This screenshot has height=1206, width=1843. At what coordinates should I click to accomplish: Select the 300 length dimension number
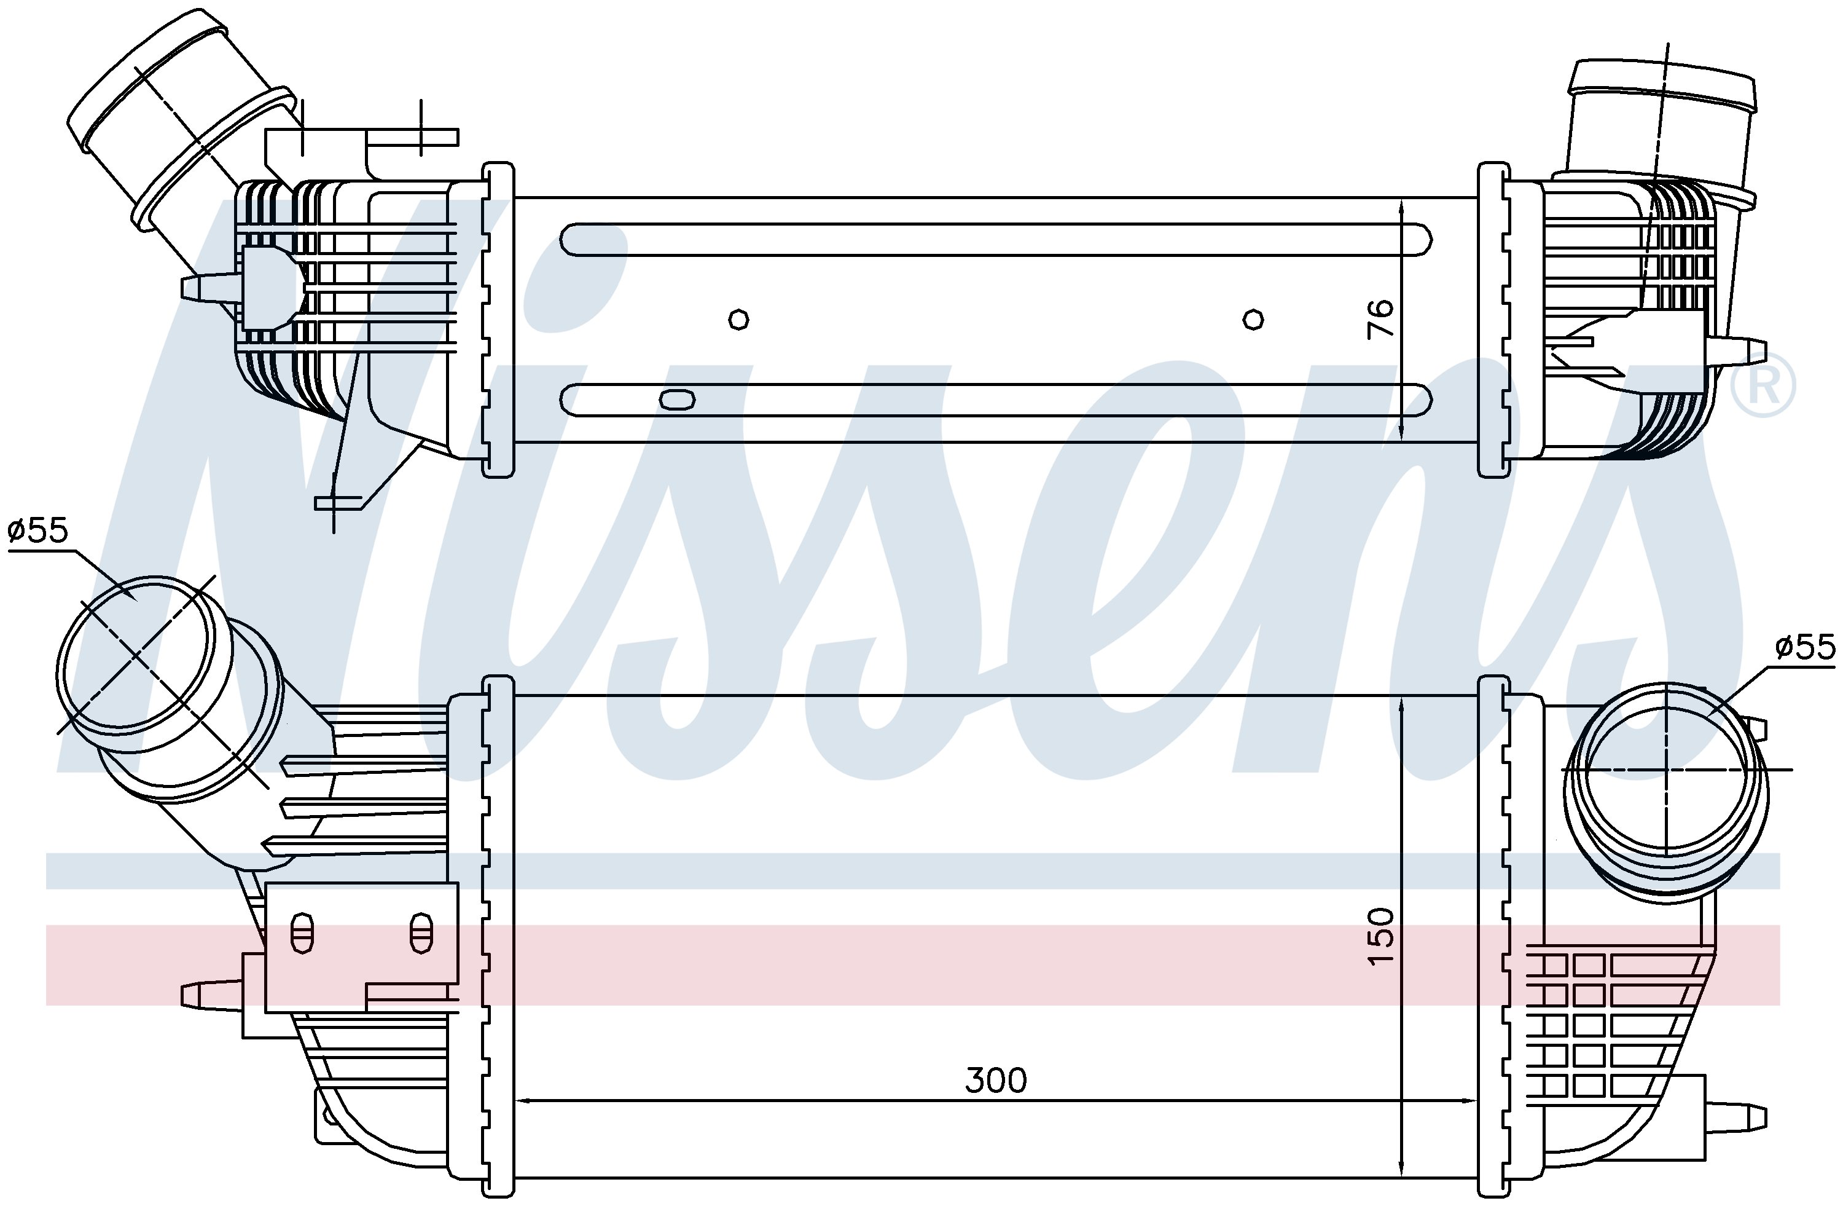pos(996,1080)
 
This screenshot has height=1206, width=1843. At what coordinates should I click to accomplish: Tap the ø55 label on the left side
pos(38,530)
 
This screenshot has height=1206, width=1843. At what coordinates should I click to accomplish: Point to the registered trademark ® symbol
pos(1763,385)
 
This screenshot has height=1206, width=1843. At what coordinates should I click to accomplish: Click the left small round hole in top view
pos(740,319)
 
